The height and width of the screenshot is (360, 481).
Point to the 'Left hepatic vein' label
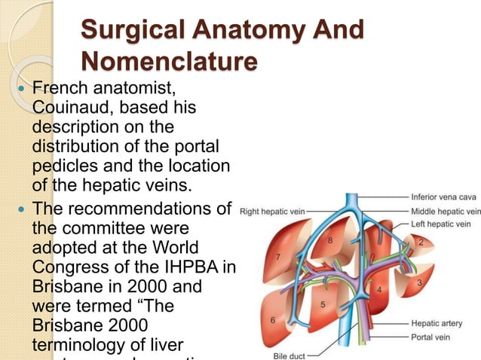441,224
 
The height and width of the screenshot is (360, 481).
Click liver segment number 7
280,257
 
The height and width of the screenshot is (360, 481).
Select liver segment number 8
329,239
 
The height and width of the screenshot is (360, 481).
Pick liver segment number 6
272,320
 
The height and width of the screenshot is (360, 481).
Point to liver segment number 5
323,304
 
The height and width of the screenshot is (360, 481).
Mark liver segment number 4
378,288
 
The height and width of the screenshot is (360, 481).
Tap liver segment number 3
418,281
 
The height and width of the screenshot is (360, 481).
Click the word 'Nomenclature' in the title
167,59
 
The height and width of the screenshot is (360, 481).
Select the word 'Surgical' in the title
131,30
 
